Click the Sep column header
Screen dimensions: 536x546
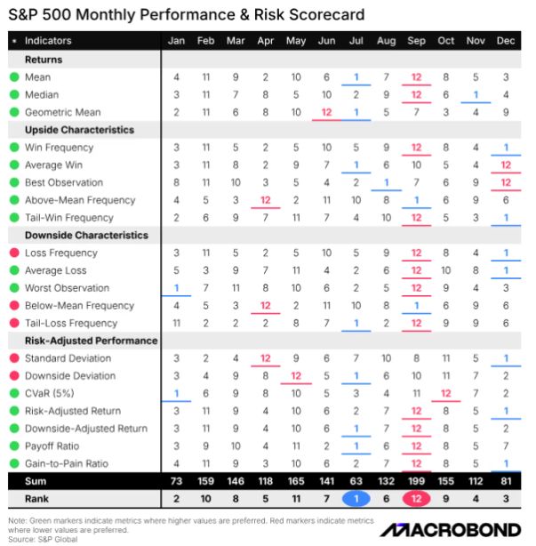pyautogui.click(x=416, y=41)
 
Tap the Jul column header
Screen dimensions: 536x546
pyautogui.click(x=356, y=41)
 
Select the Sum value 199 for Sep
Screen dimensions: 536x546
pyautogui.click(x=416, y=481)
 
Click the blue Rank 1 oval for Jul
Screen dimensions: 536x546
pyautogui.click(x=356, y=499)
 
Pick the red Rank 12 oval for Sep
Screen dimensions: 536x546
pyautogui.click(x=416, y=499)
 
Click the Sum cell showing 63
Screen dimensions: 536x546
pyautogui.click(x=356, y=481)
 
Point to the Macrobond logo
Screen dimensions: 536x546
pyautogui.click(x=451, y=530)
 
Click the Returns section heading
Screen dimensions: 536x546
pyautogui.click(x=44, y=60)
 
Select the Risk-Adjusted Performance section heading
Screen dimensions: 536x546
pyautogui.click(x=92, y=341)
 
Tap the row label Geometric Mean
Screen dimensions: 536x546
pyautogui.click(x=62, y=112)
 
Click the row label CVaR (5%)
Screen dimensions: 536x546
pyautogui.click(x=50, y=393)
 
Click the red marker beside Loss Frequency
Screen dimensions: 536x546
pyautogui.click(x=14, y=253)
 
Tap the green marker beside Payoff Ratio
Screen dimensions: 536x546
pyautogui.click(x=14, y=446)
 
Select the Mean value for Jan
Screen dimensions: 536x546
pyautogui.click(x=177, y=77)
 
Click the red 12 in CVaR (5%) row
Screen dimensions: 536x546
pyautogui.click(x=446, y=393)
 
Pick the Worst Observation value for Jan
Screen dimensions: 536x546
pyautogui.click(x=177, y=287)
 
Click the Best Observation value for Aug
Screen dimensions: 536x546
pyautogui.click(x=387, y=182)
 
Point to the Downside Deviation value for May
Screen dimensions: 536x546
pyautogui.click(x=296, y=376)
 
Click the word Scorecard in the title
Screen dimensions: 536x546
pyautogui.click(x=327, y=14)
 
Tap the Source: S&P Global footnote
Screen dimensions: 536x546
pyautogui.click(x=43, y=540)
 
